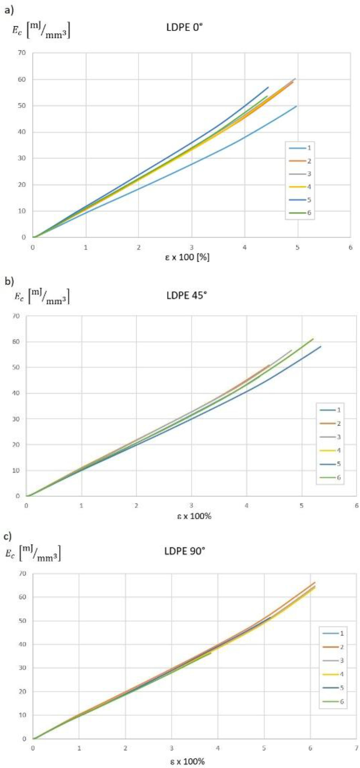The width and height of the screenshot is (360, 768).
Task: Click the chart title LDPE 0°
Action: [x=184, y=28]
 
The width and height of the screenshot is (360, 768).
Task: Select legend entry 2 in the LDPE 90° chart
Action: [x=333, y=647]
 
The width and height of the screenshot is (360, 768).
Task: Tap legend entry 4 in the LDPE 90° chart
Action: [x=333, y=674]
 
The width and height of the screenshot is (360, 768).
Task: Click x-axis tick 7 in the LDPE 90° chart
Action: [x=356, y=748]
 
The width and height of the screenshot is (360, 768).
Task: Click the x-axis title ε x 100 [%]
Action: [x=187, y=257]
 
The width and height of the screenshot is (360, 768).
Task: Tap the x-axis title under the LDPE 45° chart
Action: [x=194, y=516]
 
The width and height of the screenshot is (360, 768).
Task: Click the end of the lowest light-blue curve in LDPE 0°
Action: [x=296, y=106]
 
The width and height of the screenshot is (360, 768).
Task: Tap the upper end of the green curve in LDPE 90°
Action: [x=211, y=653]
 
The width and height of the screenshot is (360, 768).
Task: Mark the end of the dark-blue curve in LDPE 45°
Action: [x=321, y=346]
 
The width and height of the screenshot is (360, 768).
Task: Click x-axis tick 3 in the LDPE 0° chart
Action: [x=192, y=247]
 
